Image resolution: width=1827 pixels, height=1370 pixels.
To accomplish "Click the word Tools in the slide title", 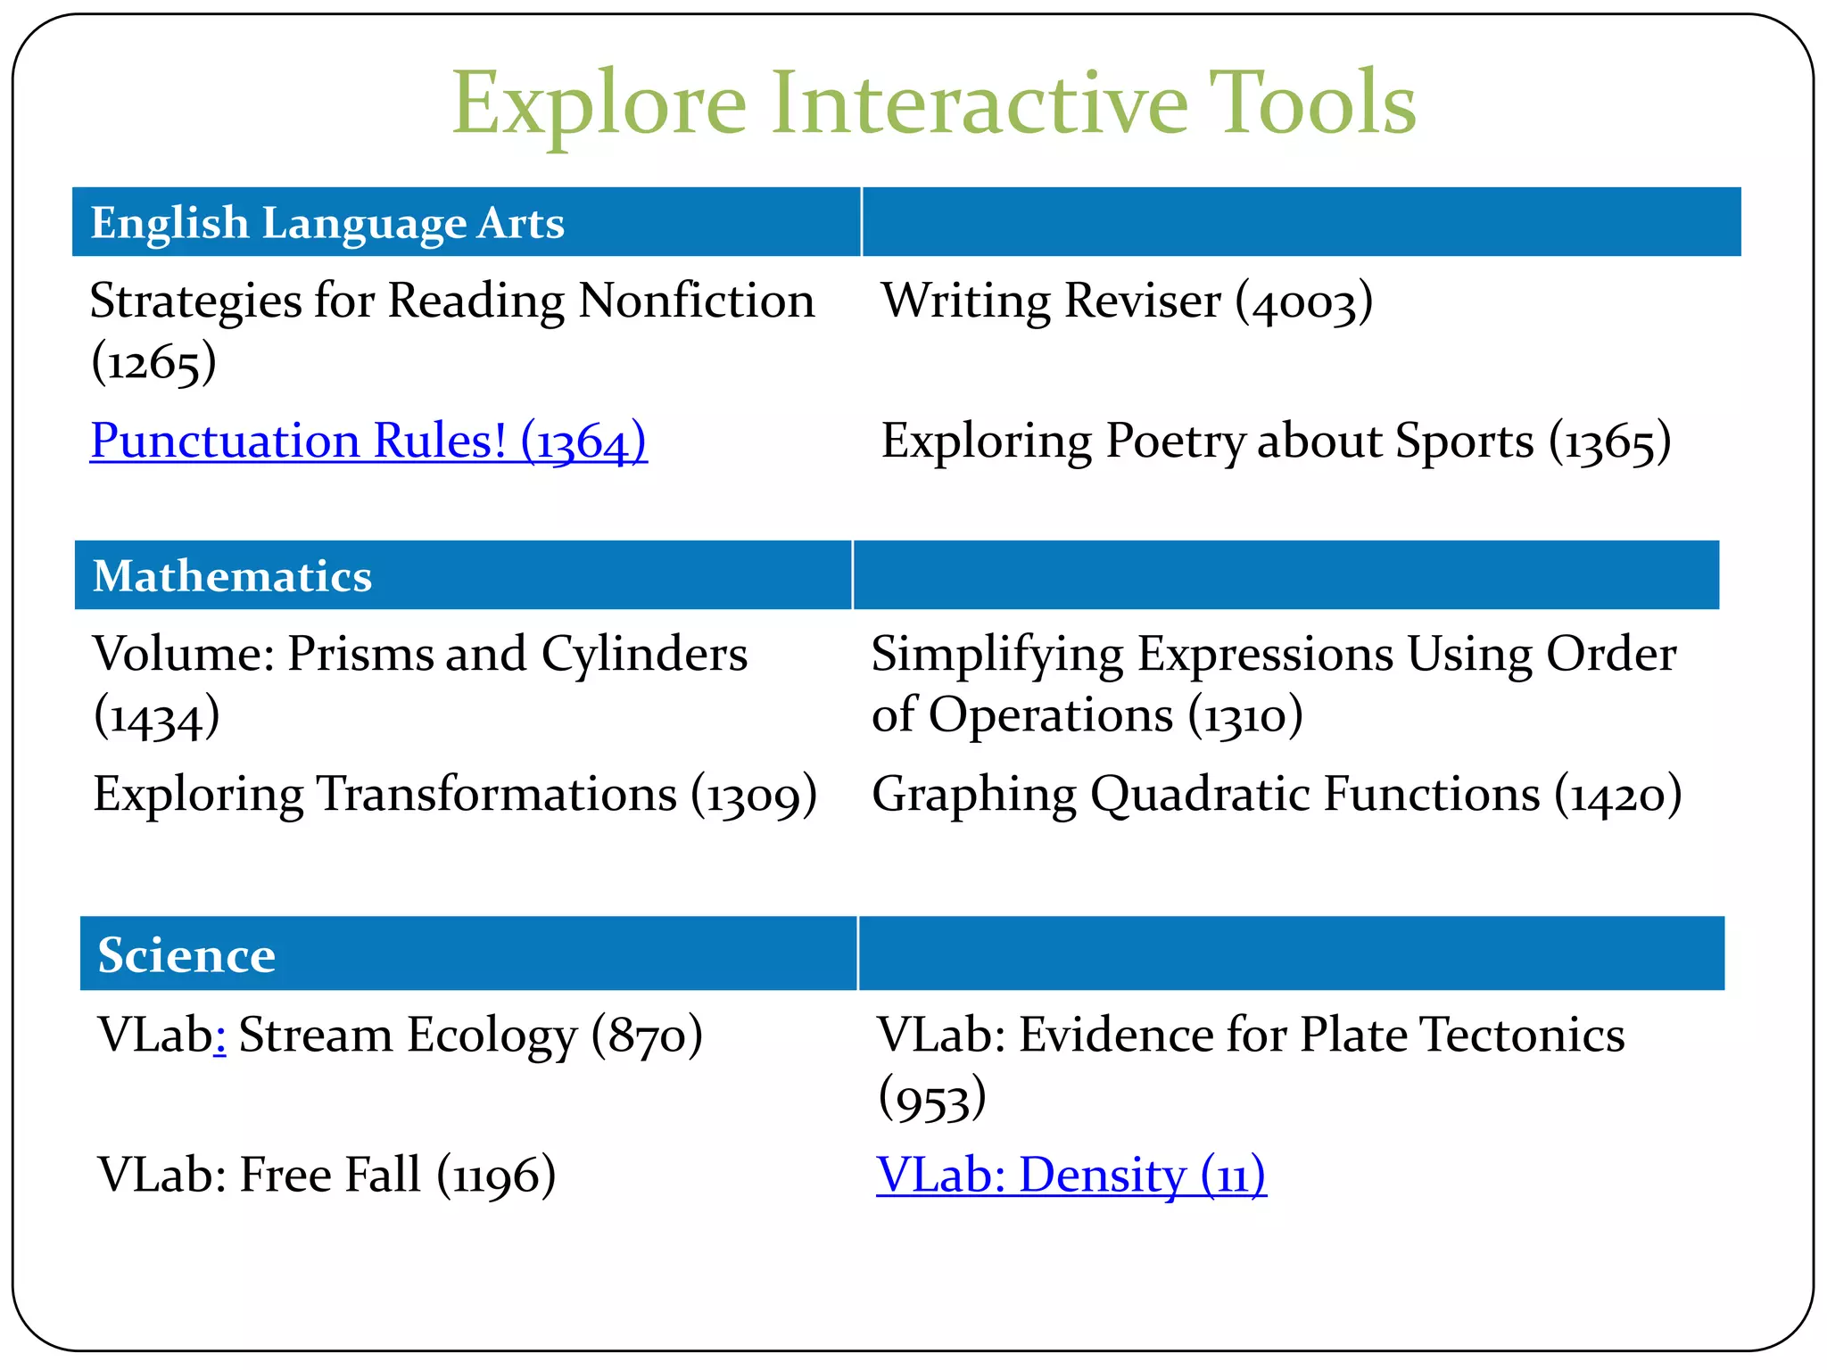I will point(1311,103).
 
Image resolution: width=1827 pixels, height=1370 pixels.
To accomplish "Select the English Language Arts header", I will point(327,223).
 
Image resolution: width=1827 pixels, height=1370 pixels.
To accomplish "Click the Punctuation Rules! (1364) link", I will point(368,441).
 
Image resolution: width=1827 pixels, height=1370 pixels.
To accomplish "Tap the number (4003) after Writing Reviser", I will point(1303,301).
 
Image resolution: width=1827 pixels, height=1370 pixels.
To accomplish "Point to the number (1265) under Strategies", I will point(153,363).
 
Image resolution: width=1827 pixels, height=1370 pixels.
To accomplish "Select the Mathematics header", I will point(232,576).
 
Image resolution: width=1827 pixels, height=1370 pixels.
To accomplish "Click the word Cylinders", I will point(644,654).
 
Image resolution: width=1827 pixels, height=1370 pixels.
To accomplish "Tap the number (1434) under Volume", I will point(157,716).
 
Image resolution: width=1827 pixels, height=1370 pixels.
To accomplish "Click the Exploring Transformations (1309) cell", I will point(455,794).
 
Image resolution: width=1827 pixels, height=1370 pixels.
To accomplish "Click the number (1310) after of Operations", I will point(1245,715).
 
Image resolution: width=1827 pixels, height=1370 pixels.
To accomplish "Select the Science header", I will point(186,955).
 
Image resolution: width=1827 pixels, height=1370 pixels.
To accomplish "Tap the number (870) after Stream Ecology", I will point(647,1036).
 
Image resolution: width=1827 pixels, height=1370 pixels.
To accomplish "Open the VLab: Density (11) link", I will point(1071,1176).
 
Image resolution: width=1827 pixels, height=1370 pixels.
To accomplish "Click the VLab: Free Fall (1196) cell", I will point(327,1176).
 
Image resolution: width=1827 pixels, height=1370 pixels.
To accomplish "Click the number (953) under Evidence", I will point(932,1099).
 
